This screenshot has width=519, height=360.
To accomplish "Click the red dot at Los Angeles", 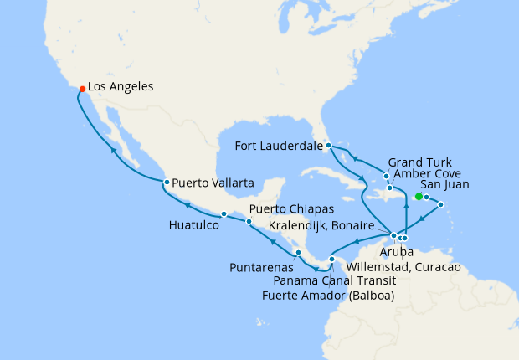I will coord(81,89).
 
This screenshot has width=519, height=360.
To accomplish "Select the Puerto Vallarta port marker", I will coord(167,183).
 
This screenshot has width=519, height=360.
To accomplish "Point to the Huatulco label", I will coord(193,225).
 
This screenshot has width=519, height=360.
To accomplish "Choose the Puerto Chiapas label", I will coord(292,208).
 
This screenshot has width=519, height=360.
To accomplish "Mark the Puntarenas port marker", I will coord(298,252).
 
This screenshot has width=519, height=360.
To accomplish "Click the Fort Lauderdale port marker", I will coord(329,145).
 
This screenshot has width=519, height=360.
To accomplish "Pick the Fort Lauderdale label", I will coord(280,145).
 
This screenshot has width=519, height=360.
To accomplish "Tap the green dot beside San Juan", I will coord(418,197).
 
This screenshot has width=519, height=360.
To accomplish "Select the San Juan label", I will coord(444,184).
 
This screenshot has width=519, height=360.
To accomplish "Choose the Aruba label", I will coord(387,251).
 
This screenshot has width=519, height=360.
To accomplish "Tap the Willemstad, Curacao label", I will coord(403,266).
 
